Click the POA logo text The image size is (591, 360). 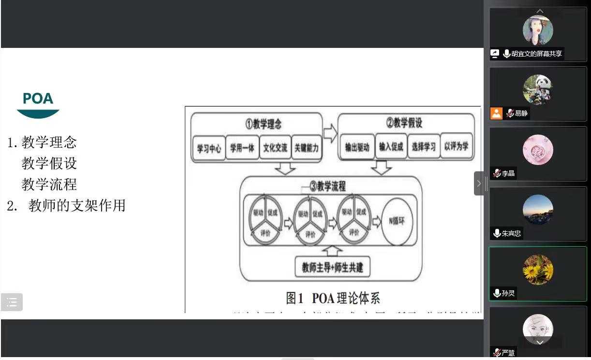click(38, 99)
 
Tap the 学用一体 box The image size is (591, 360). click(242, 148)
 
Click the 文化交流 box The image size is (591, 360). click(275, 148)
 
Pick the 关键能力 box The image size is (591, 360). click(307, 148)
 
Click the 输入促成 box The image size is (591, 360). click(391, 147)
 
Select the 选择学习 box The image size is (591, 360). click(424, 147)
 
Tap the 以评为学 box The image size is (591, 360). click(456, 147)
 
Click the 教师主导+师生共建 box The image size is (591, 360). click(332, 267)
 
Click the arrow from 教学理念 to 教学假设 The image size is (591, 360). click(330, 133)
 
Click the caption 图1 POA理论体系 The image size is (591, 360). click(333, 298)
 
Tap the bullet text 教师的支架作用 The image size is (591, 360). click(77, 206)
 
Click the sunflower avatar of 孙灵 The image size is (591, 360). click(538, 270)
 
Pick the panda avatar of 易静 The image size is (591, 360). click(538, 90)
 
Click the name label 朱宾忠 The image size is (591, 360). click(511, 233)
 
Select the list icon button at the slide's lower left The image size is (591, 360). click(12, 302)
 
